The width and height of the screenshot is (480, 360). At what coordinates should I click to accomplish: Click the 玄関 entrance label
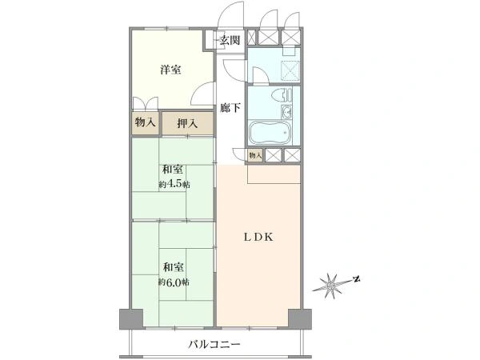[230, 40]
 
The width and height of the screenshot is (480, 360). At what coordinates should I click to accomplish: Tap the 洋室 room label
[170, 70]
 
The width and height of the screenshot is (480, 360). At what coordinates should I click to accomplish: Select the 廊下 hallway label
[230, 107]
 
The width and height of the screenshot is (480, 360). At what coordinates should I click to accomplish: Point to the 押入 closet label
[187, 123]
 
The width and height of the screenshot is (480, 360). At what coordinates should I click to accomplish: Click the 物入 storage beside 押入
[145, 123]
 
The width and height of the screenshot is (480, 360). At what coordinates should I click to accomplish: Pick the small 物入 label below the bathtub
[255, 155]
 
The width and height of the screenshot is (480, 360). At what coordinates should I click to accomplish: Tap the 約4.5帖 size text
[174, 185]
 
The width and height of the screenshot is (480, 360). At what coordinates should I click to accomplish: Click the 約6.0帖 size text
[174, 282]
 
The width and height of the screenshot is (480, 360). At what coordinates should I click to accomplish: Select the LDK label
[258, 237]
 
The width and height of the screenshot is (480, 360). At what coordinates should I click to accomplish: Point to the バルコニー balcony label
[214, 344]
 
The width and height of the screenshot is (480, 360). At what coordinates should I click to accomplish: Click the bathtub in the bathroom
[270, 133]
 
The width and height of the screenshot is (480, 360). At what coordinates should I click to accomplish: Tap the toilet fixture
[282, 95]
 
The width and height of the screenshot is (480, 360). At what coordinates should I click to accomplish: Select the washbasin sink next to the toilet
[287, 112]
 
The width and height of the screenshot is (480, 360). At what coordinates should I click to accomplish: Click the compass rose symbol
[331, 286]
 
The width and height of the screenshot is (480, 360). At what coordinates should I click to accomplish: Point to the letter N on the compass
[356, 279]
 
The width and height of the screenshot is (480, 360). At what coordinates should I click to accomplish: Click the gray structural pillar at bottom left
[131, 319]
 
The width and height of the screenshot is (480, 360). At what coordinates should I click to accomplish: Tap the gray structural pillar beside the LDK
[300, 319]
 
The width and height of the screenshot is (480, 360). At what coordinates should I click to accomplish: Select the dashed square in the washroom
[290, 70]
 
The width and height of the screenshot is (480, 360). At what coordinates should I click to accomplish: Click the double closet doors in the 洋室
[145, 103]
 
